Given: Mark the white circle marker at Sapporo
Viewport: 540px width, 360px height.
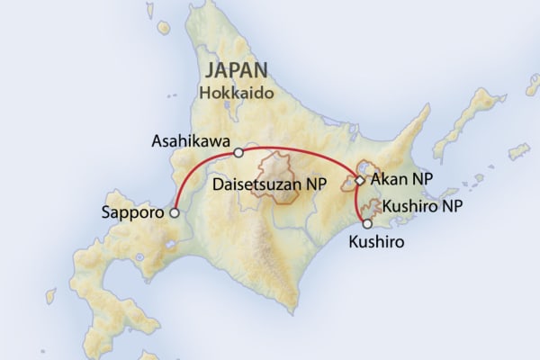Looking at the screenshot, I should pyautogui.click(x=175, y=213).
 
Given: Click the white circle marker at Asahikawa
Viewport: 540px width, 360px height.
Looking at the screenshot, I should pyautogui.click(x=238, y=153).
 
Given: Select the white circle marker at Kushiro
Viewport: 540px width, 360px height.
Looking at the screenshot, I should pyautogui.click(x=366, y=223).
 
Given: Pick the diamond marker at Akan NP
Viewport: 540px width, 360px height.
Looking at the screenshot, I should pyautogui.click(x=359, y=181).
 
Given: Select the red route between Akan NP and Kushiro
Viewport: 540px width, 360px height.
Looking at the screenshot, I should pyautogui.click(x=356, y=202).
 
